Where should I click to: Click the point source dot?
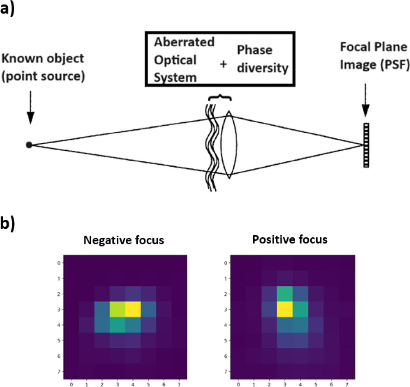pyautogui.click(x=29, y=145)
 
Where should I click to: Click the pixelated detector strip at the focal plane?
pyautogui.click(x=366, y=145)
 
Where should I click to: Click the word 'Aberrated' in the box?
pyautogui.click(x=184, y=42)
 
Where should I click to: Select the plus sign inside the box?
pyautogui.click(x=223, y=64)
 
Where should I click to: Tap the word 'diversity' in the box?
pyautogui.click(x=262, y=68)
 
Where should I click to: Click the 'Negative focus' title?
pyautogui.click(x=124, y=240)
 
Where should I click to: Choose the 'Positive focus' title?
pyautogui.click(x=290, y=239)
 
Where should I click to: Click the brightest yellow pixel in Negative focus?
pyautogui.click(x=133, y=310)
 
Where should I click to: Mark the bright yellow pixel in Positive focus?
pyautogui.click(x=285, y=310)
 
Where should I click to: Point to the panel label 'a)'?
pyautogui.click(x=7, y=8)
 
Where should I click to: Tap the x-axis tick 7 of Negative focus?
pyautogui.click(x=179, y=385)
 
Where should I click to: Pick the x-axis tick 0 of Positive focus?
pyautogui.click(x=238, y=385)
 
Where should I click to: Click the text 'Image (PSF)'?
pyautogui.click(x=374, y=64)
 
